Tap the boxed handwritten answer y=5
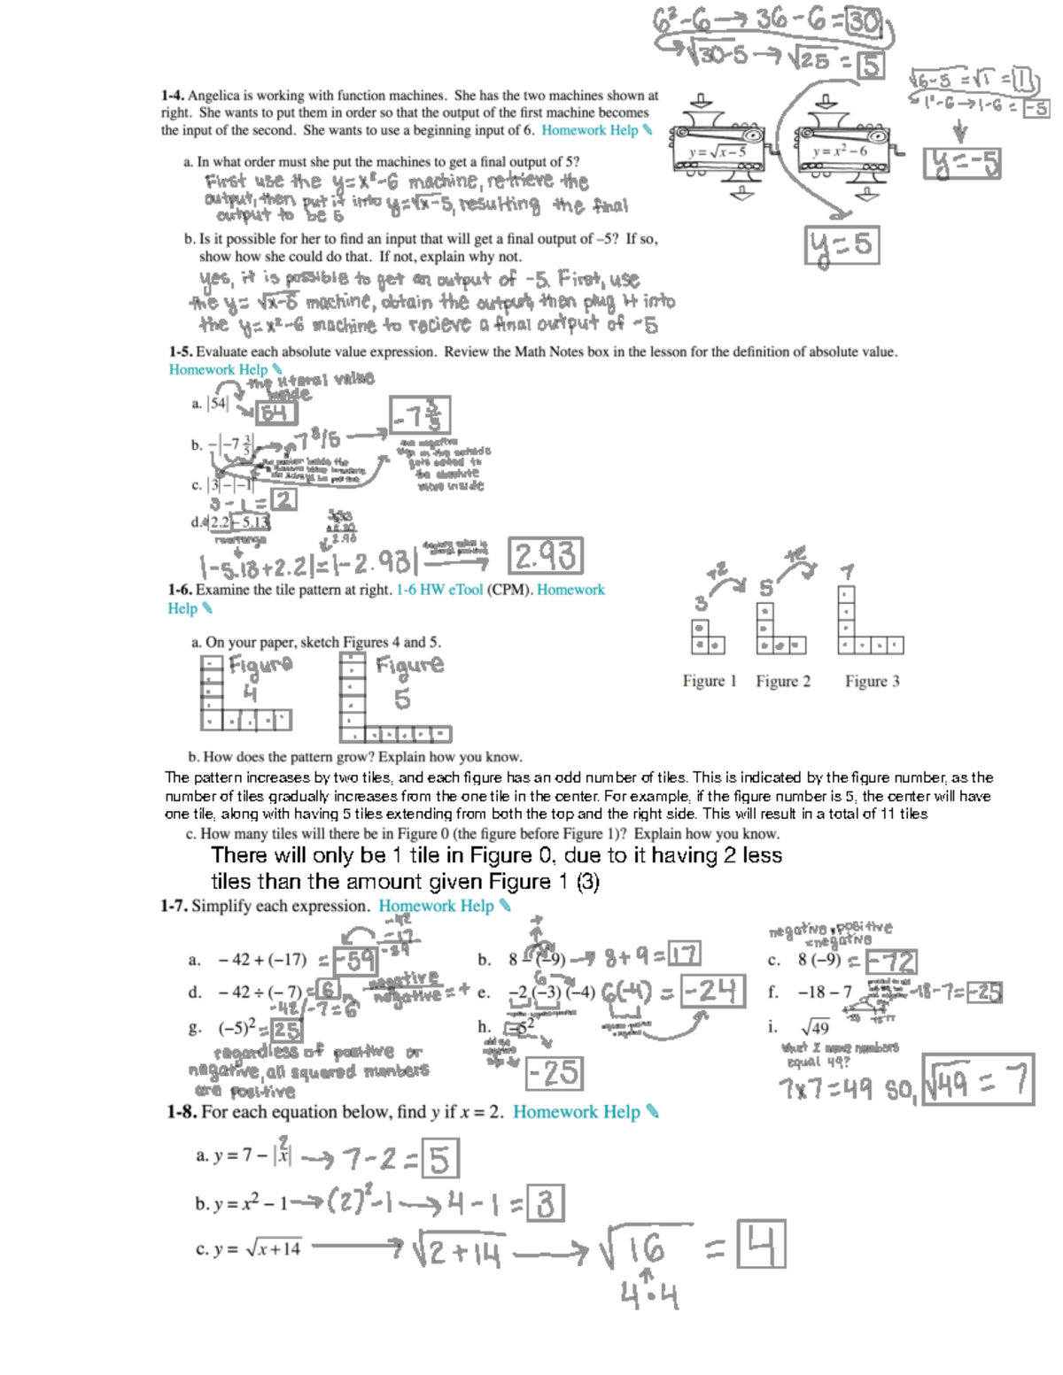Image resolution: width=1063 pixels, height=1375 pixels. point(842,245)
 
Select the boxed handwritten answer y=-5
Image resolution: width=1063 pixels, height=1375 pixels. point(962,164)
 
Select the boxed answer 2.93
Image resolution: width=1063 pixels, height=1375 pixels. point(546,556)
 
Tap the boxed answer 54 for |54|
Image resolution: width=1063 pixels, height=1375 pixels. point(275,413)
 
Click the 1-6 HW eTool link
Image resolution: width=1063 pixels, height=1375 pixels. point(439,590)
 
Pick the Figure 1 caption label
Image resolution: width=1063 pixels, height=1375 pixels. point(710,681)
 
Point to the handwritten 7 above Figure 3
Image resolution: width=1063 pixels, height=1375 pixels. point(848,572)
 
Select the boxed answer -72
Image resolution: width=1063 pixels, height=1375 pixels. point(891,962)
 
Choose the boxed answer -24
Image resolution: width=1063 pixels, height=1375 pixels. point(714,991)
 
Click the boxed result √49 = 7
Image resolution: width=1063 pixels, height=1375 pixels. point(978,1081)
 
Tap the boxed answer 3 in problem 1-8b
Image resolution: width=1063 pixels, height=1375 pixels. point(545,1204)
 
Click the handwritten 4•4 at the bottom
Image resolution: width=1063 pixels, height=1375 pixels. point(649,1296)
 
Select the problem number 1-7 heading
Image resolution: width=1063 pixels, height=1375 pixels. point(175,906)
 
